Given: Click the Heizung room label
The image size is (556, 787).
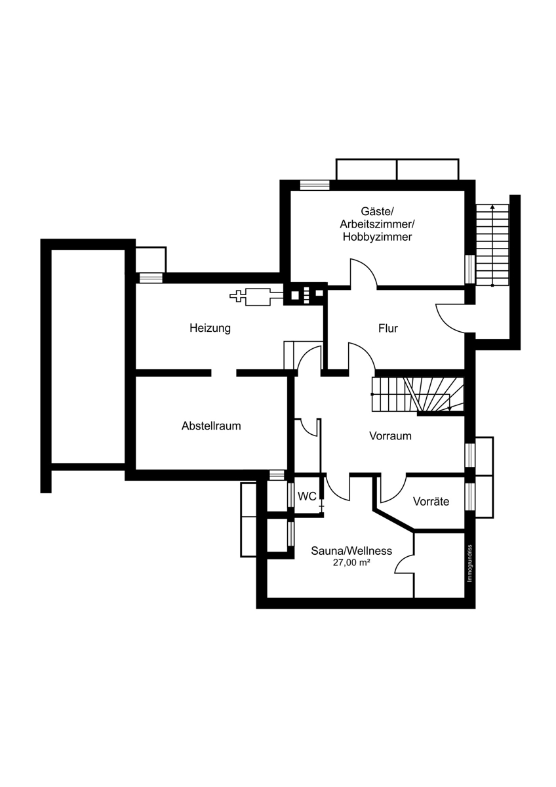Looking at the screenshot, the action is [x=210, y=329].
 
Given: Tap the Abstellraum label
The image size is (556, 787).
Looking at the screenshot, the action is [x=211, y=426].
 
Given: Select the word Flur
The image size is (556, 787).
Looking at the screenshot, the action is [x=388, y=329].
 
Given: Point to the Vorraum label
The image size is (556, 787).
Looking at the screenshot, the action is [x=390, y=436].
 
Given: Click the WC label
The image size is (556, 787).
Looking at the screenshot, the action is [x=307, y=496].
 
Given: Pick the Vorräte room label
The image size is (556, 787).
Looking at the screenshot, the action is [x=431, y=501].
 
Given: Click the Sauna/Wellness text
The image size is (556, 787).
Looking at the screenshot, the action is [x=351, y=550].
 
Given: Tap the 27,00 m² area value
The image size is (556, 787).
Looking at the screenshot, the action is [x=352, y=563].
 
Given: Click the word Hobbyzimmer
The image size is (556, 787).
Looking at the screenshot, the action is [x=377, y=237].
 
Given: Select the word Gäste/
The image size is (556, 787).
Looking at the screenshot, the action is [x=378, y=211].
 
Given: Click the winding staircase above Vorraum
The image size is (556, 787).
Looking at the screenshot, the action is [x=418, y=395].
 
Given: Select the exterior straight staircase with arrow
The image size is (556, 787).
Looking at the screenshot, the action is [x=492, y=245].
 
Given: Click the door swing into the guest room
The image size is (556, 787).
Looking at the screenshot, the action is [x=364, y=273].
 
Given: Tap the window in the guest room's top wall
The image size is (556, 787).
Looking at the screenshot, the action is [x=315, y=185].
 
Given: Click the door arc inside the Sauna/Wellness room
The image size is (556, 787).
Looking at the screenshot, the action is [x=405, y=564].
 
